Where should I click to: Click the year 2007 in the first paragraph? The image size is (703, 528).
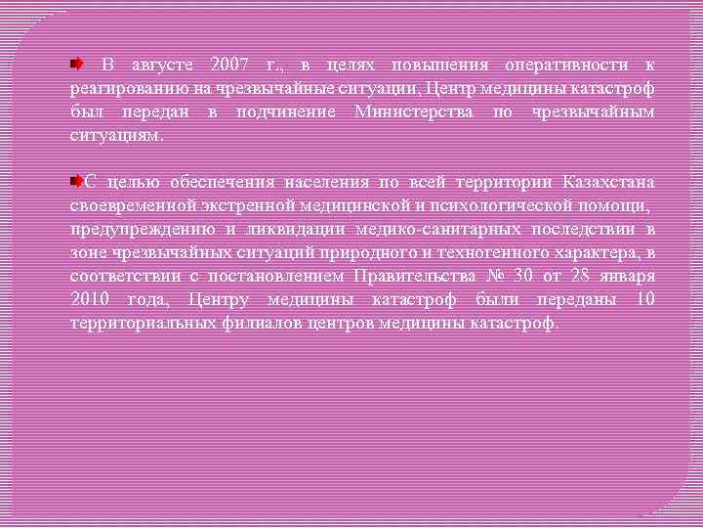point(230,66)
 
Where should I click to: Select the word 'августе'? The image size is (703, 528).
point(162,66)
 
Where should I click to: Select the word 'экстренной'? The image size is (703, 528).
point(230,206)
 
